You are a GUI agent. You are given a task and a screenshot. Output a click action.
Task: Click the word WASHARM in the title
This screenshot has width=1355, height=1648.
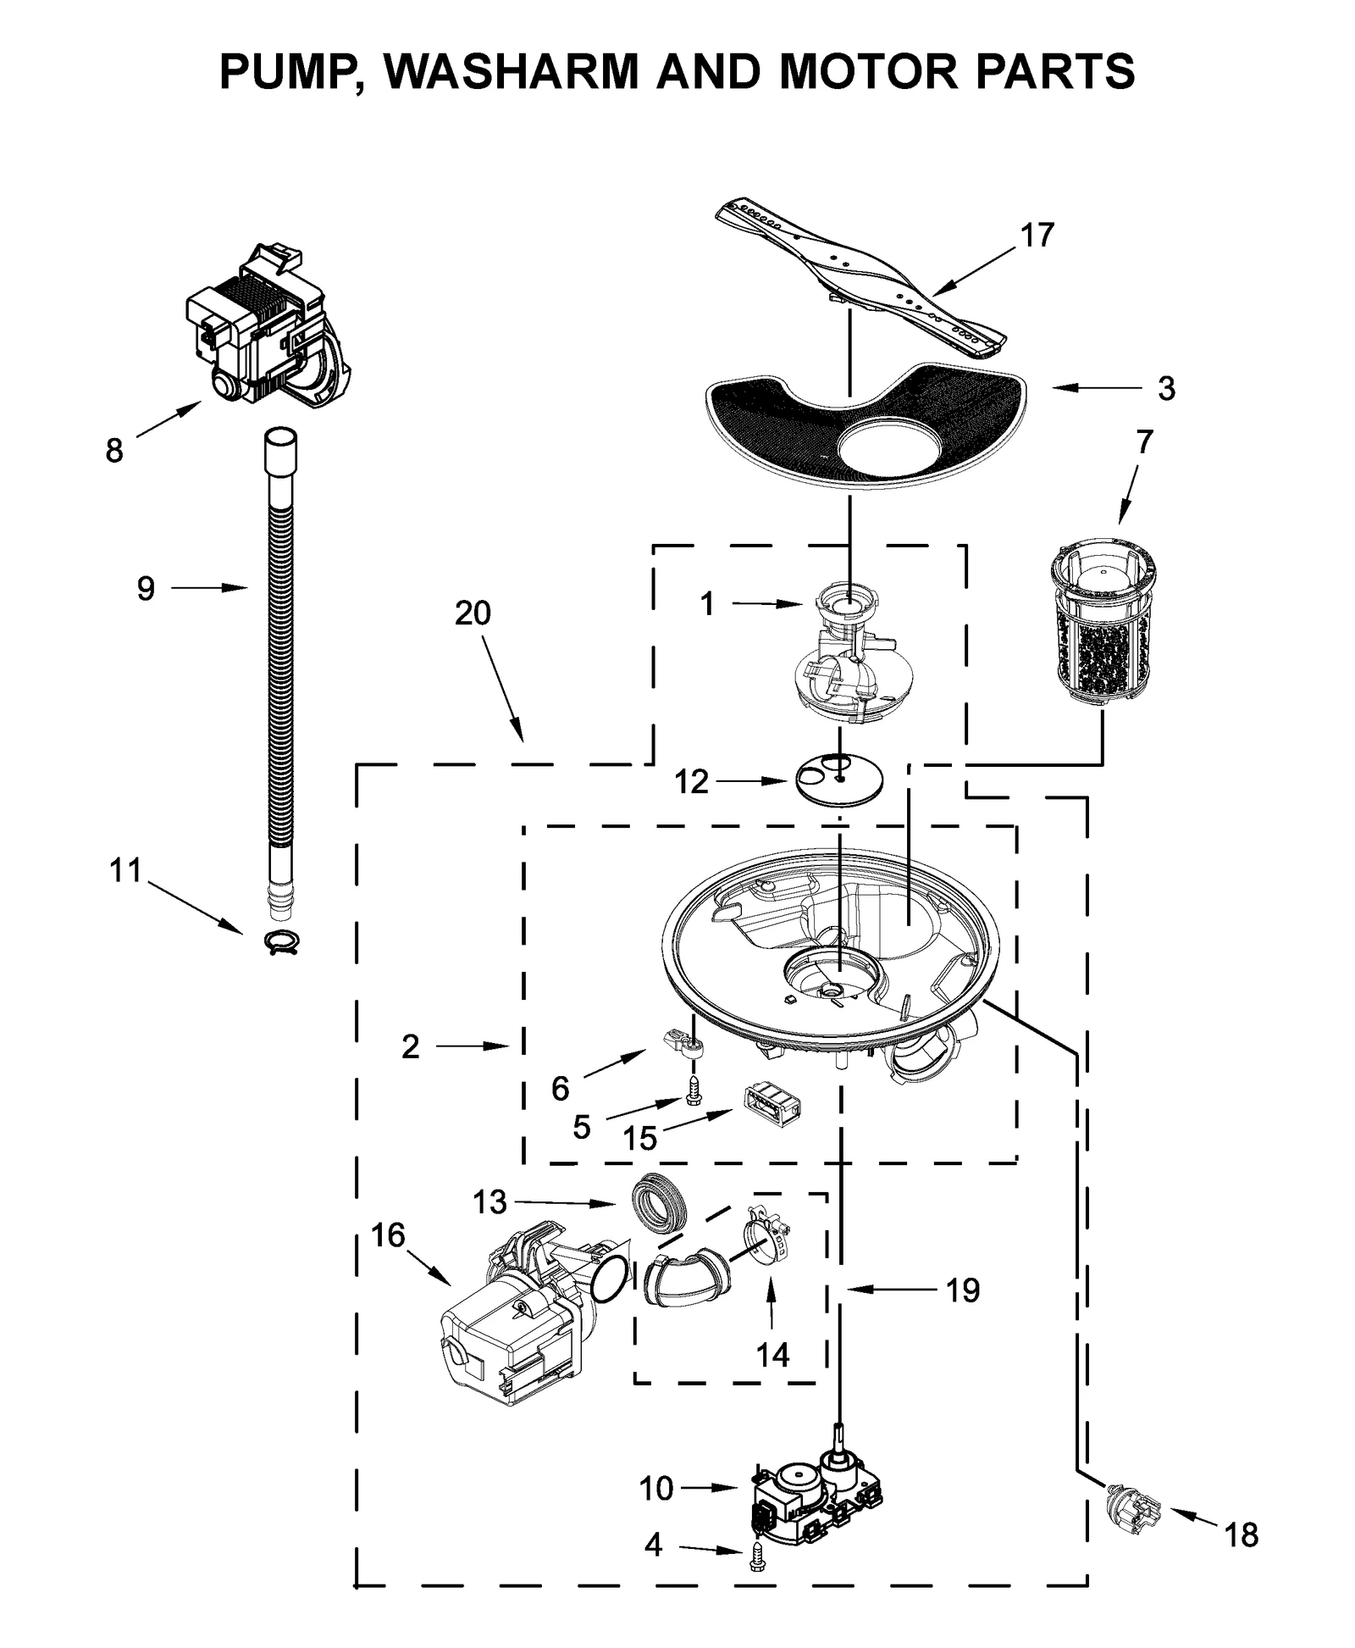(x=510, y=70)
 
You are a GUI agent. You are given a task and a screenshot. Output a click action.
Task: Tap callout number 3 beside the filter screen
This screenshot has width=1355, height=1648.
(x=1166, y=389)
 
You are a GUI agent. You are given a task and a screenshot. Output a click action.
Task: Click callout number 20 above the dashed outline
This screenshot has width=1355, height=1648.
(x=473, y=613)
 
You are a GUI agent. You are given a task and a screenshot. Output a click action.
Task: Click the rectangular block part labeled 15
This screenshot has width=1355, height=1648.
(x=772, y=1104)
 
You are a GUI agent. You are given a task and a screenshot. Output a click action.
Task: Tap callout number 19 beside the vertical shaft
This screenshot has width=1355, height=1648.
(x=963, y=1290)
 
